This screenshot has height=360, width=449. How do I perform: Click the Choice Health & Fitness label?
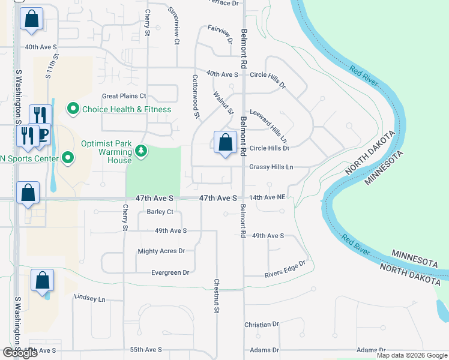[127, 109]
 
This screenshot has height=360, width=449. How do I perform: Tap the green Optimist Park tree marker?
[141, 150]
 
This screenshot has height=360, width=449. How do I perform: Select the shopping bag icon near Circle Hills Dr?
[225, 143]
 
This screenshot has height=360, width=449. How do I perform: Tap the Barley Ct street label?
[160, 212]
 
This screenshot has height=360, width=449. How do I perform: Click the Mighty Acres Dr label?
[161, 251]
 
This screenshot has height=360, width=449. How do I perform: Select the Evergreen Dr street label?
[171, 272]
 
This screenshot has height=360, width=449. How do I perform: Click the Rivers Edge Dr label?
[286, 269]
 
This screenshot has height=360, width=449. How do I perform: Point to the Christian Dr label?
[262, 325]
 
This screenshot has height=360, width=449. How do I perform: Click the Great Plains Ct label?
[124, 96]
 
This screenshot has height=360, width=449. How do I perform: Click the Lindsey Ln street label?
[89, 298]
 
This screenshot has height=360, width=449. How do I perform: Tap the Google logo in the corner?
[20, 353]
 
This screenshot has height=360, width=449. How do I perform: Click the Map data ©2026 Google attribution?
[412, 355]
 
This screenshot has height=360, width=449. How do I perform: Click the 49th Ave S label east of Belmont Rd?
[268, 236]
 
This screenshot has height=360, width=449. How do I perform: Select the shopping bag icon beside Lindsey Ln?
[43, 281]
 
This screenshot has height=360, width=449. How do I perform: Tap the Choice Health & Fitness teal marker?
[73, 109]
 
